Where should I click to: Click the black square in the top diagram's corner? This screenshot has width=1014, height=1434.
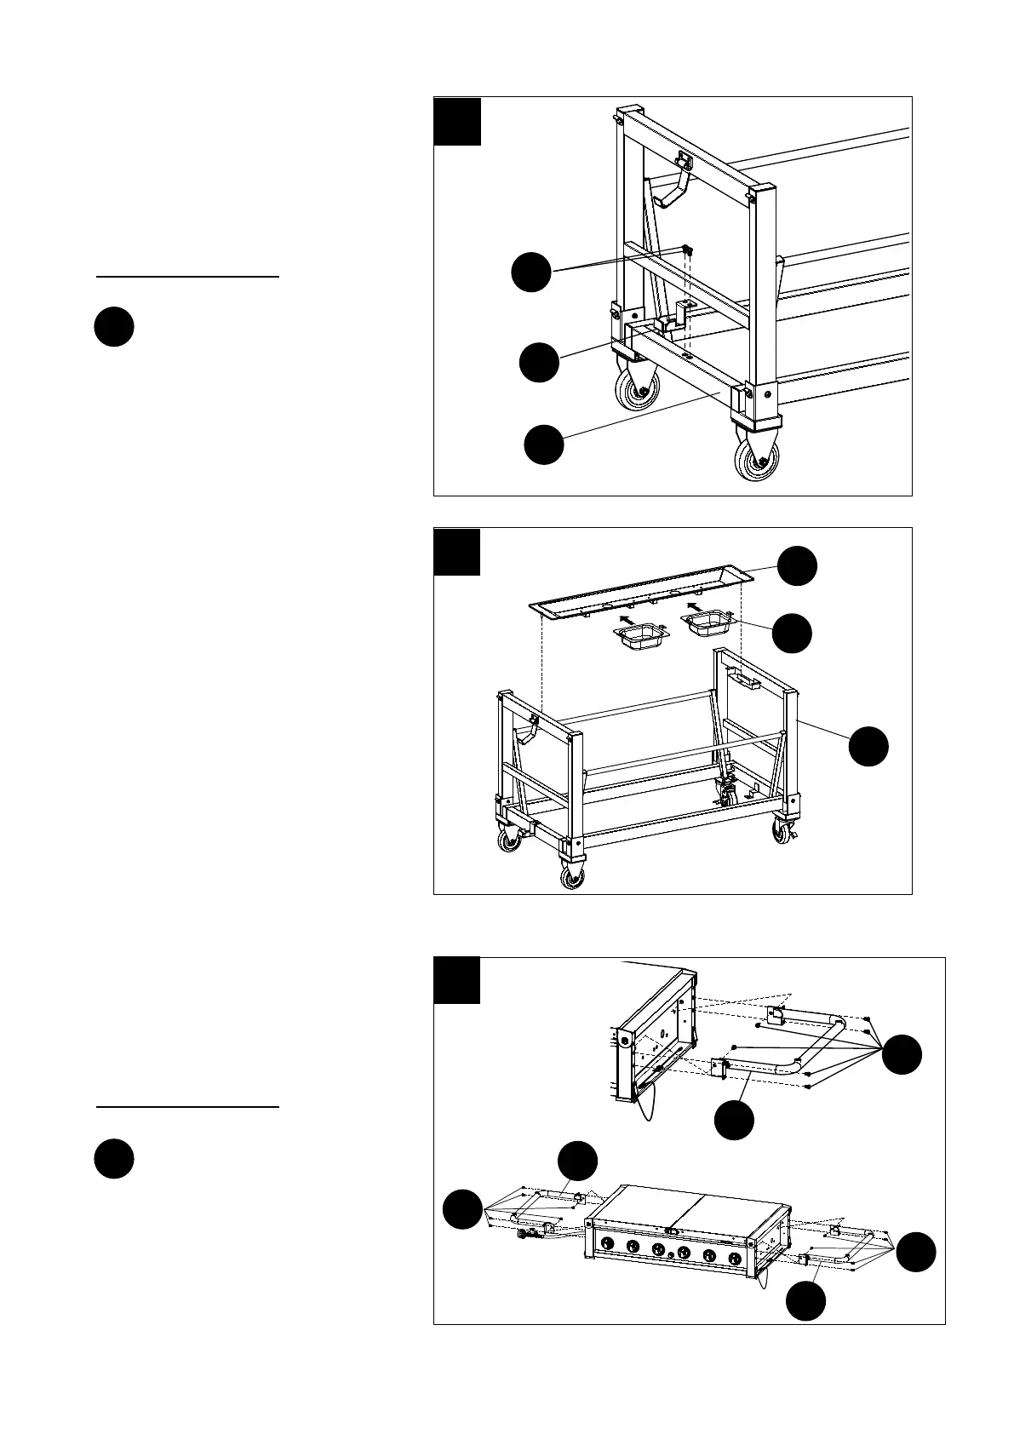coord(457,121)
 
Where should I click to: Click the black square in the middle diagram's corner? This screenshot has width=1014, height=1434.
coord(457,551)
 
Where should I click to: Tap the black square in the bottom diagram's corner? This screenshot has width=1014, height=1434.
coord(457,980)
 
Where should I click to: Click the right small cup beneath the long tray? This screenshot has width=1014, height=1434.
coord(706,625)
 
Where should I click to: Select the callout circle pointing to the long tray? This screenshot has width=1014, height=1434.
coord(798,565)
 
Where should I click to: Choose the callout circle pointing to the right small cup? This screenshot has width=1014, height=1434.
coord(792,633)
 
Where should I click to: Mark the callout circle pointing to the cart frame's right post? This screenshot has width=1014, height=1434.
coord(868,746)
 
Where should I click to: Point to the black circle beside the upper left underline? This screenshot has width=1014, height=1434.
coord(113,327)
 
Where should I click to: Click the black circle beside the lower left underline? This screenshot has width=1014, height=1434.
coord(113,1158)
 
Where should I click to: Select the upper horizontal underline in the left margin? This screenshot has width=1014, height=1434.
coord(187,277)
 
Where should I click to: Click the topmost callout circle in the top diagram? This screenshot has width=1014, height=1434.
coord(531,272)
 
